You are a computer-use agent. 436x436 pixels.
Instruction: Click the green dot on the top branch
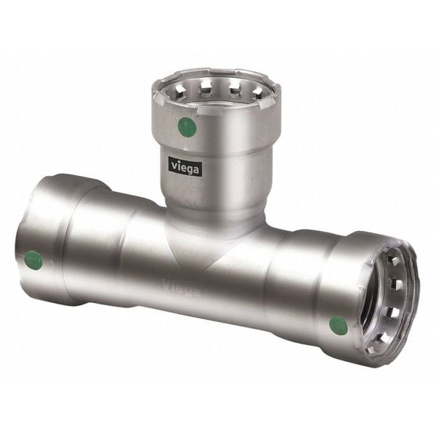click(x=187, y=126)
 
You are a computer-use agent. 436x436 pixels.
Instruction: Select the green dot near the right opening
click(x=339, y=326)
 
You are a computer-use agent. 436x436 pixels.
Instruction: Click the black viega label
click(x=185, y=167)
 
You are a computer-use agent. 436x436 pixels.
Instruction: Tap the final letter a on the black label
click(x=196, y=169)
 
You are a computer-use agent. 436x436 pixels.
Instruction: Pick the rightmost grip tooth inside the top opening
click(x=258, y=92)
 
